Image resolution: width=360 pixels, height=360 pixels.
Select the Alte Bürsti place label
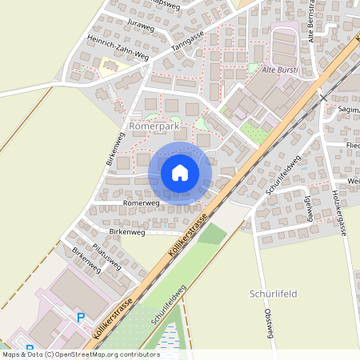coord(281,70)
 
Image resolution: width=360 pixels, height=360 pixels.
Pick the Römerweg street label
coord(142,203)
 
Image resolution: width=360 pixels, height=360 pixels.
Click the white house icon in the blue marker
coord(180,172)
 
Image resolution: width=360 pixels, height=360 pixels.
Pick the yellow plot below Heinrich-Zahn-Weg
coord(108,69)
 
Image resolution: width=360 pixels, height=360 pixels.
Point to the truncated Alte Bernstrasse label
coord(311,24)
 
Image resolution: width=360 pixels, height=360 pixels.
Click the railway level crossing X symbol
coord(322,98)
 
